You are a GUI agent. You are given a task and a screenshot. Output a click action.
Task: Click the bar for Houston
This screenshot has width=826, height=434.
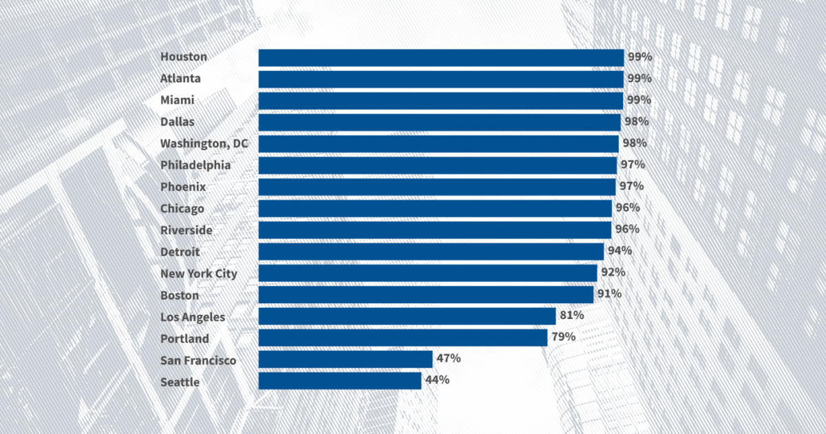point(441,57)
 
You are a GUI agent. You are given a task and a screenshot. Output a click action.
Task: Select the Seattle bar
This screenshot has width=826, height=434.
point(339,381)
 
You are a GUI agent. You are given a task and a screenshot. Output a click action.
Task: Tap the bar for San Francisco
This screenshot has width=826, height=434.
point(345,359)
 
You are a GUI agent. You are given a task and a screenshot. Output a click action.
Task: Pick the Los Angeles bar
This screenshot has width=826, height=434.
point(407,316)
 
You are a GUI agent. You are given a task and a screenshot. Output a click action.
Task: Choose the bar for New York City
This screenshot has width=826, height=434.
point(427,273)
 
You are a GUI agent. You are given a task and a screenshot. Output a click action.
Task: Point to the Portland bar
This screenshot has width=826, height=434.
point(403,338)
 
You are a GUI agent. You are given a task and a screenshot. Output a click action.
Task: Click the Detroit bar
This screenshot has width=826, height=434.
point(431,251)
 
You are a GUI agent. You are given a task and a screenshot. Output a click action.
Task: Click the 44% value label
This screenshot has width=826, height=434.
point(437,380)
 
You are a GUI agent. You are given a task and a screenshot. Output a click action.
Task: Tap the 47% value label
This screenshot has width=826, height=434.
point(448,358)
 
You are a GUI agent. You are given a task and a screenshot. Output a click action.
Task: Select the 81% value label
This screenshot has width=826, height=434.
point(571,316)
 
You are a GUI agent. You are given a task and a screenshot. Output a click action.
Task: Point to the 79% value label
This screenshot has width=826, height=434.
point(563,337)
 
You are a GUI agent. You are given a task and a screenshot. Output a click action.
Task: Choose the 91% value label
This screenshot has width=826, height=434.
point(609,294)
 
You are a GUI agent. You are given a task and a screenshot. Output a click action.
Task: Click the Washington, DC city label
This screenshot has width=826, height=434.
point(204,144)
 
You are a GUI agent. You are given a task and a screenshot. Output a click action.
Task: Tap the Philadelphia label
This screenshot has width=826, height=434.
point(195,165)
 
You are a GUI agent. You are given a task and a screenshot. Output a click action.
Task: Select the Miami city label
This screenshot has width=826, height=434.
point(177,101)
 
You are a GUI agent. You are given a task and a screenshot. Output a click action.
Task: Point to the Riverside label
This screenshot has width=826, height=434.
point(186,230)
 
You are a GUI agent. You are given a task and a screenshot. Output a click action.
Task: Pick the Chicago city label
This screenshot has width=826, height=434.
point(182,209)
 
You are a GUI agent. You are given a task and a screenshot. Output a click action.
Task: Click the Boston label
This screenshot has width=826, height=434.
point(179,295)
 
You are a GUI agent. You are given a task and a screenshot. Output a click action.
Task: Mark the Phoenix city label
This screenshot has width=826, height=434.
point(183,187)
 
